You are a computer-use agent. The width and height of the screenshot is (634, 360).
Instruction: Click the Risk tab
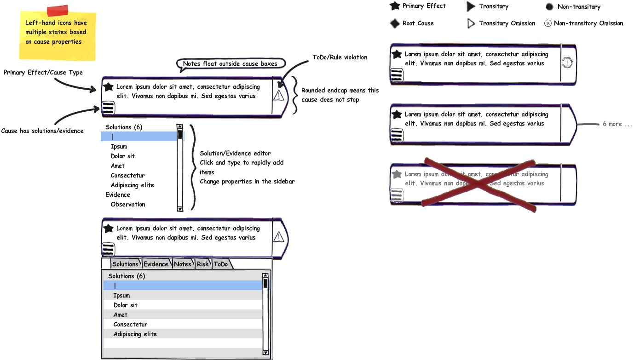[202, 264]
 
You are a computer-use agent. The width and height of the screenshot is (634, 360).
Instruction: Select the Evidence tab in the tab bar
[156, 264]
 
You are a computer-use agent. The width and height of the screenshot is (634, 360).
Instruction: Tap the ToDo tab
[221, 264]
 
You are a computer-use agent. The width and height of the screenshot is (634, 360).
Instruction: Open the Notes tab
[183, 264]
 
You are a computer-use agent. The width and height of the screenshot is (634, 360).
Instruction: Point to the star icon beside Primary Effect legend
[395, 6]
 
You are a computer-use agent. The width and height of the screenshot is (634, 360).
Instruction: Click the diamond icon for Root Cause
[395, 23]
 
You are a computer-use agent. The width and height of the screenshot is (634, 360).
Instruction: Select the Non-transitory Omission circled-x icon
[548, 23]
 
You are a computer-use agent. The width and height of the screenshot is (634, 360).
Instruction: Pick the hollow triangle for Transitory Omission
[471, 23]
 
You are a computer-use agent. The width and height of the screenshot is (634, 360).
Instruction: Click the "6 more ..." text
[617, 124]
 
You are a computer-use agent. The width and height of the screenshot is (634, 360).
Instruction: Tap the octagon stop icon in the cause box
[567, 63]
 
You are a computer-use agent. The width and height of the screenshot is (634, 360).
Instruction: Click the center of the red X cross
[478, 184]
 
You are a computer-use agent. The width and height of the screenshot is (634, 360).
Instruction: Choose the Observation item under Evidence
[128, 204]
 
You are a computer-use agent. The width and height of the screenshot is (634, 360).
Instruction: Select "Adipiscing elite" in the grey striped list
[135, 334]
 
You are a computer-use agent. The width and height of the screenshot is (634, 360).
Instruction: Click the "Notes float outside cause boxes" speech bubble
[230, 63]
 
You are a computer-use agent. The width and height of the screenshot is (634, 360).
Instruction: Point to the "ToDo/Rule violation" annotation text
[340, 57]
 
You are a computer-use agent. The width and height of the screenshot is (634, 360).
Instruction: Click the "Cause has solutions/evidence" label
[42, 131]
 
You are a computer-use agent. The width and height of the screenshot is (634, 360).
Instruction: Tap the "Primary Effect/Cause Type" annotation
[43, 73]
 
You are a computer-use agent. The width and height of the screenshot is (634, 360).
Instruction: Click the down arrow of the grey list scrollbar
[265, 352]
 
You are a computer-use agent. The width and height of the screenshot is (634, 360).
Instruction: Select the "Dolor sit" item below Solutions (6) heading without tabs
[123, 156]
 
